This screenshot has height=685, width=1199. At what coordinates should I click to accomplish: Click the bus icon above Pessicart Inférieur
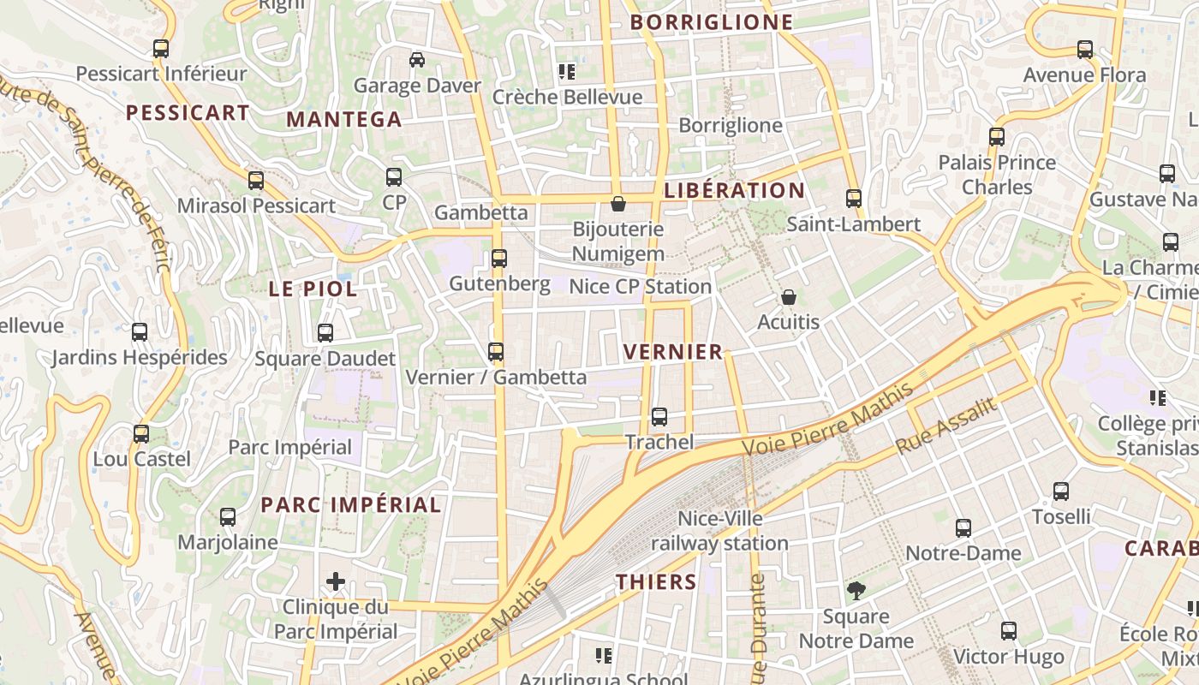[x=161, y=49]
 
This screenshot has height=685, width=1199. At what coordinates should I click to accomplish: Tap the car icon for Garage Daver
[x=417, y=60]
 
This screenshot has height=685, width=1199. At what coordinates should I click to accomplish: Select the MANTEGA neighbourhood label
[x=343, y=119]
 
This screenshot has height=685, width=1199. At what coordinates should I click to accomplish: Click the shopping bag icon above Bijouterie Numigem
[x=617, y=204]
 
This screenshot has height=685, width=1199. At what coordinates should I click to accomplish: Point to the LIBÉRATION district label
[x=734, y=191]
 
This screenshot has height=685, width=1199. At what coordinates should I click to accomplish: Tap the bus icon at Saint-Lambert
[x=853, y=199]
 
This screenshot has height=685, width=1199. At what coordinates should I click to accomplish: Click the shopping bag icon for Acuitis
[x=788, y=297]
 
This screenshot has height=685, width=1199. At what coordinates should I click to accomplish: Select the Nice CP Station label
[x=640, y=286]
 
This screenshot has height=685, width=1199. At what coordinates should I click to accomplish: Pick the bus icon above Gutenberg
[x=499, y=258]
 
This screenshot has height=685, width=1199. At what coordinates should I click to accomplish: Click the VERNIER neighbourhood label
[x=673, y=352]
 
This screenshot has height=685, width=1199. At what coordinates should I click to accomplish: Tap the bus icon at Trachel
[x=659, y=417]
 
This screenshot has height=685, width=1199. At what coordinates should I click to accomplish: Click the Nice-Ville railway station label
[x=719, y=531]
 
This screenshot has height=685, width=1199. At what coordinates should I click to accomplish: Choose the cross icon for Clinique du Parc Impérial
[x=336, y=582]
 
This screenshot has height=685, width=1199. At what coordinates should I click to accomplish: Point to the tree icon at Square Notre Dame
[x=855, y=591]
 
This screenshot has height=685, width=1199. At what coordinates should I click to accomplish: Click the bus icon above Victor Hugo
[x=1009, y=631]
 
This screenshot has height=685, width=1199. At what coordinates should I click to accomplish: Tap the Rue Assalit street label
[x=946, y=426]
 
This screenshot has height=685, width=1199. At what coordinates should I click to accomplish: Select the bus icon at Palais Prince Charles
[x=996, y=137]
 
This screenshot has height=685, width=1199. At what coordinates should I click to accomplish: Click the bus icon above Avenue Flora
[x=1085, y=50]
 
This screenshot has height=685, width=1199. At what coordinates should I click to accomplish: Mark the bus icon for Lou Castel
[x=141, y=434]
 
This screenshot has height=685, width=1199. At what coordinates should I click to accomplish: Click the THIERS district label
[x=656, y=582]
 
